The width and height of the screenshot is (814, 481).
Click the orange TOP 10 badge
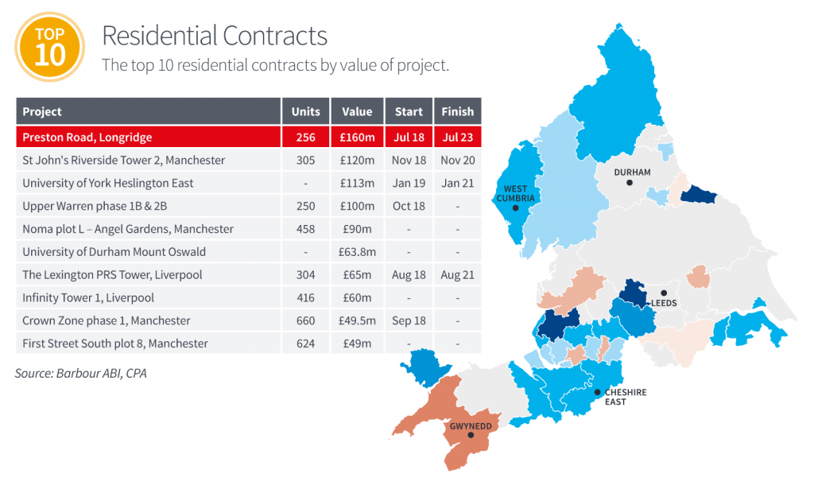(51, 48)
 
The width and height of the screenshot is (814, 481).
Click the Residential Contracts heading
(215, 36)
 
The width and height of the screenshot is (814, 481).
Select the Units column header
(305, 111)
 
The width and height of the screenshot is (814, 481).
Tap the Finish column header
(457, 111)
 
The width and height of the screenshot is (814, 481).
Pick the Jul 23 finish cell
(457, 137)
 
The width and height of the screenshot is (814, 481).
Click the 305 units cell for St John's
(305, 160)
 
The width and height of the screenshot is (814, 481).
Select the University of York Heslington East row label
(108, 183)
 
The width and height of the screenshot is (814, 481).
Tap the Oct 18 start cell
(409, 206)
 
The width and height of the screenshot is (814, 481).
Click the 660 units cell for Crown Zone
(305, 320)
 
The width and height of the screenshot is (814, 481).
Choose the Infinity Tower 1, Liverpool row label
(88, 297)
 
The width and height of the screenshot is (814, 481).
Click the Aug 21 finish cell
(457, 275)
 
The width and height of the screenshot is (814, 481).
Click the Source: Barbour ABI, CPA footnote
(81, 372)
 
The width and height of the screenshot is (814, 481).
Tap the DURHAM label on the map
(632, 172)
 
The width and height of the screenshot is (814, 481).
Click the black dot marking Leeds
(664, 293)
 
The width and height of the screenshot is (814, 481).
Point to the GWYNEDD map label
(471, 425)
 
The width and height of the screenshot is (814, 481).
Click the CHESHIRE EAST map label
(626, 397)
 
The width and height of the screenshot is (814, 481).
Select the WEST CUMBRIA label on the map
(515, 193)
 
